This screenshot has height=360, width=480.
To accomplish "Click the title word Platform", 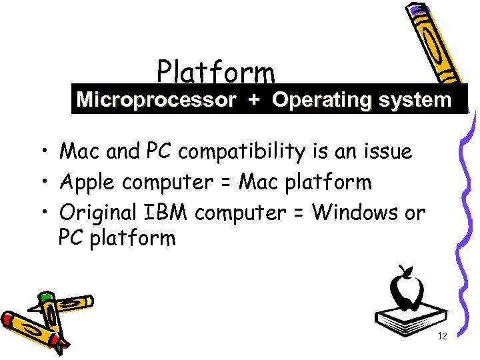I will pyautogui.click(x=215, y=71).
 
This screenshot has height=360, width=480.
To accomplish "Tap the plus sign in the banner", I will pyautogui.click(x=254, y=101).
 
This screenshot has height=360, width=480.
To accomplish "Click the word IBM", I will pyautogui.click(x=167, y=213).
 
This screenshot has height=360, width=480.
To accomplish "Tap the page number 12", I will pyautogui.click(x=441, y=337).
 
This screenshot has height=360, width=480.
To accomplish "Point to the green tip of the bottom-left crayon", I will pyautogui.click(x=45, y=296).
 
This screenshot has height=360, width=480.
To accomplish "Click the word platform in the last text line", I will pyautogui.click(x=133, y=238).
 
